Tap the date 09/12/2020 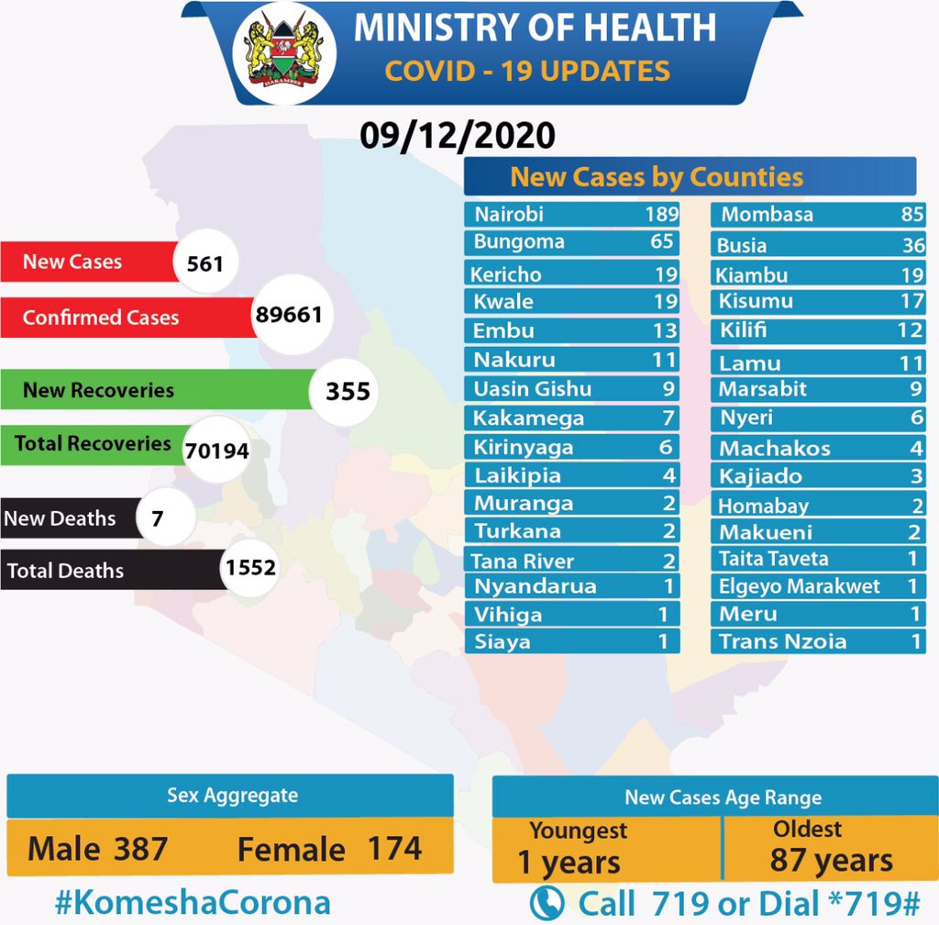(x=457, y=136)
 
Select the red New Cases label (x=72, y=262)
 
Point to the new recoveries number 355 (x=348, y=392)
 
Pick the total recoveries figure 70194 (x=216, y=450)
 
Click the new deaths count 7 (x=158, y=518)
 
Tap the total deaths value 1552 (x=249, y=568)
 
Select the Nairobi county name (x=509, y=214)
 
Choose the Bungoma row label (x=519, y=242)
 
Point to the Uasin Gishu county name (x=532, y=389)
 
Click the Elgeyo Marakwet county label (x=799, y=586)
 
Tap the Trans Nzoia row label (x=782, y=641)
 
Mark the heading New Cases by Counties (x=656, y=176)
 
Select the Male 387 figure (x=98, y=848)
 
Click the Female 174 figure (x=329, y=848)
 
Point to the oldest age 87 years (x=831, y=861)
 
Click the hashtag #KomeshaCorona (x=191, y=901)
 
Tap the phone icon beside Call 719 (x=547, y=902)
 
